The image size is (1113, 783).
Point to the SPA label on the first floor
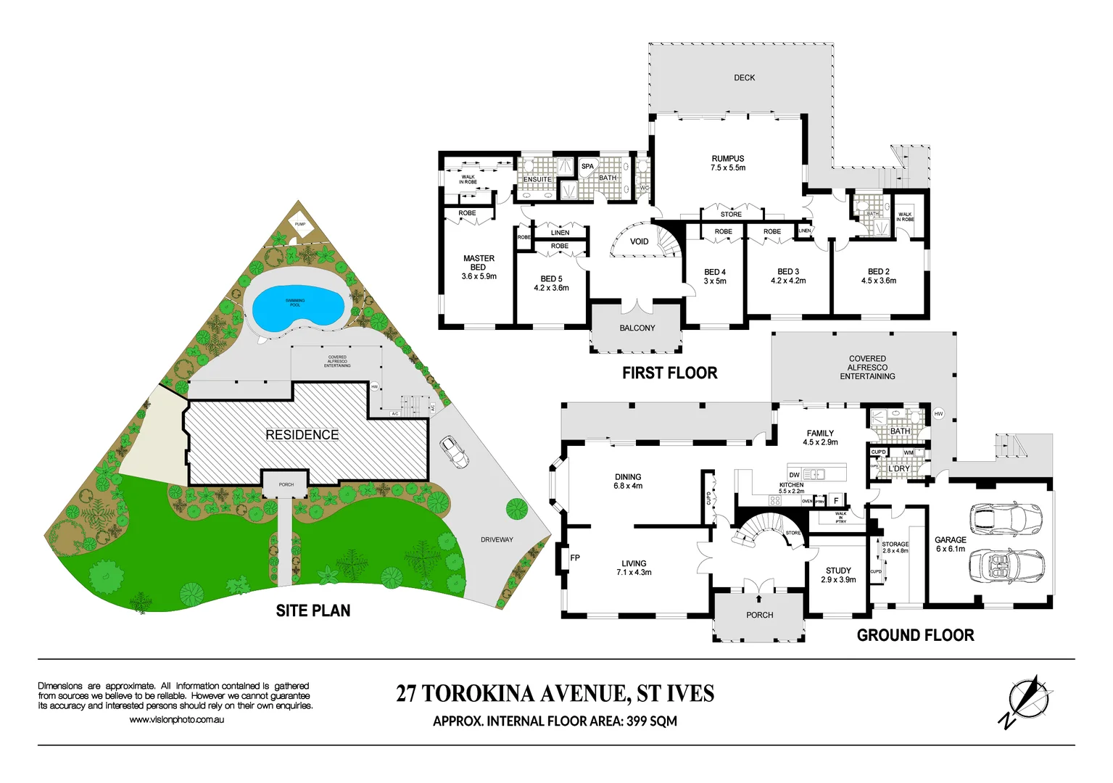click(x=587, y=167)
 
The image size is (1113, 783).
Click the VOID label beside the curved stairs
click(x=639, y=241)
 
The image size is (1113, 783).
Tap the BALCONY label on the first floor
click(x=637, y=328)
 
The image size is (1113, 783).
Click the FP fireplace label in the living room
click(x=575, y=558)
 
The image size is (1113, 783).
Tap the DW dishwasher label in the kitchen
click(x=795, y=476)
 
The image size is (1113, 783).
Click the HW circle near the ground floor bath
click(x=938, y=414)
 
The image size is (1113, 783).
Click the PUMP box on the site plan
click(x=300, y=225)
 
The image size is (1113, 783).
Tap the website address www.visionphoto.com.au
click(x=176, y=720)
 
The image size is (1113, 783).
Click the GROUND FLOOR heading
click(x=915, y=635)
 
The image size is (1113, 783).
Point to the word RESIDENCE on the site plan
click(x=302, y=435)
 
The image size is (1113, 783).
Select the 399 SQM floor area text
click(x=651, y=721)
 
